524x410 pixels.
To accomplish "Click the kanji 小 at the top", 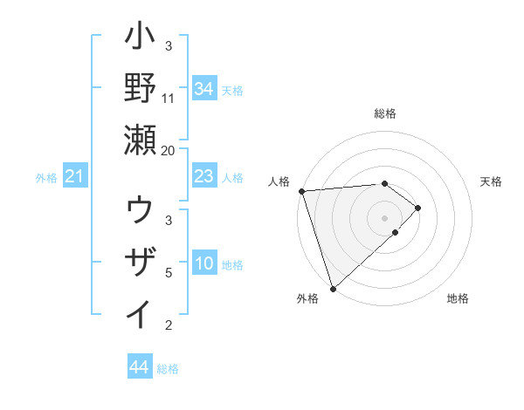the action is (x=141, y=39).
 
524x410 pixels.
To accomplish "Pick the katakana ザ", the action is (x=141, y=262).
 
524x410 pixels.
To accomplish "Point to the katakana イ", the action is (x=141, y=312).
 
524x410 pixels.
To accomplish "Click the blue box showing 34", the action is (x=203, y=88).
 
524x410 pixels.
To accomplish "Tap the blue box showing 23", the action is (x=203, y=177).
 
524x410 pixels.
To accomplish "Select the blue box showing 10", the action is (x=203, y=263).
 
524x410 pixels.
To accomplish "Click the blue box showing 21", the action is (x=75, y=177).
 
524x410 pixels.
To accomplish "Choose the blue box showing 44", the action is (x=139, y=367).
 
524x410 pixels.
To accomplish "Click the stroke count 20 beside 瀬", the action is (x=169, y=150).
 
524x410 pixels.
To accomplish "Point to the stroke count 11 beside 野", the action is (x=169, y=98).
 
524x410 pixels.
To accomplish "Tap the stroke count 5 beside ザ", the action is (x=169, y=273).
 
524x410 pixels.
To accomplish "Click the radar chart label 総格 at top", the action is (x=384, y=113).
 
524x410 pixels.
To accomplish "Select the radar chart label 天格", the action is (x=491, y=181).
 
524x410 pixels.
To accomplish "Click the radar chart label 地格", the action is (x=458, y=298).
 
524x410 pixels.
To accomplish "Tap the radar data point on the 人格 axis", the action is (x=301, y=190).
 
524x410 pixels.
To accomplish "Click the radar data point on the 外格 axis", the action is (x=333, y=287).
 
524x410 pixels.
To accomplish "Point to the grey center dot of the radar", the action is (x=384, y=217).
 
